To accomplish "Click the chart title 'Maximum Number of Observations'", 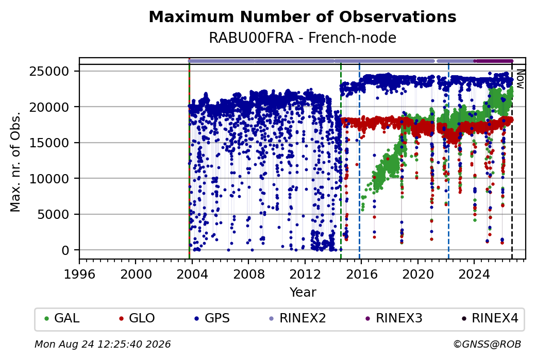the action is (303, 16).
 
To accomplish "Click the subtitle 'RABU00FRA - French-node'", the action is (303, 38).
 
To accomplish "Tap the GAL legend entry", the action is (62, 318).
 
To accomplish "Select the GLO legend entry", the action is (137, 318).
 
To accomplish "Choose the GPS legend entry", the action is (212, 318).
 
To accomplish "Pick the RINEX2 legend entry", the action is (297, 318).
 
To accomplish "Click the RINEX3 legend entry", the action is (394, 318).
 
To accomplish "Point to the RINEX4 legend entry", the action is (490, 318).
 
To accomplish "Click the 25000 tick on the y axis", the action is (49, 72).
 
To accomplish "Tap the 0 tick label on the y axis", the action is (65, 250).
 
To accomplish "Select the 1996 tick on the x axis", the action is (80, 274).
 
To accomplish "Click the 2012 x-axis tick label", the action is (305, 274).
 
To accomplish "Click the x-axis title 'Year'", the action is (303, 293).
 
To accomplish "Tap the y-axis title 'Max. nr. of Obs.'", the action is (15, 162).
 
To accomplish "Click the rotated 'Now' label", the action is (520, 79).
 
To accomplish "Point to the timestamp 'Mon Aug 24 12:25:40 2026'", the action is (103, 344).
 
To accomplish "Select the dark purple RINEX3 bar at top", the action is (494, 61).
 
